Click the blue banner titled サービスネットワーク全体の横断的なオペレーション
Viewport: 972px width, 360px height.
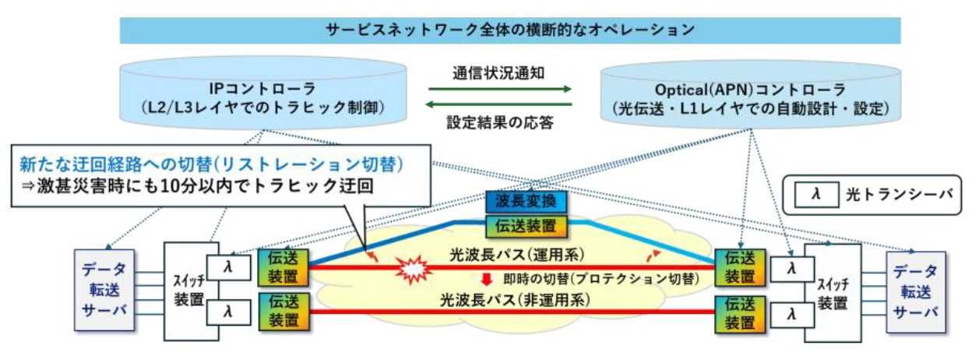pos(510,30)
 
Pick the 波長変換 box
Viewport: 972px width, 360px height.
pos(526,202)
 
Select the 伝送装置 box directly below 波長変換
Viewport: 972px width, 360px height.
pos(526,228)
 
